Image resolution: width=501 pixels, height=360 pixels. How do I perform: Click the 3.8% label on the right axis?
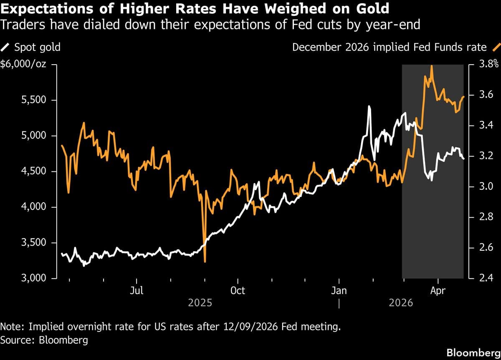click(488, 65)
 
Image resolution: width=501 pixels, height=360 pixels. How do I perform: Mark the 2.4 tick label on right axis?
click(484, 278)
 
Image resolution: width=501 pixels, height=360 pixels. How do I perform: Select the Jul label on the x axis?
click(137, 291)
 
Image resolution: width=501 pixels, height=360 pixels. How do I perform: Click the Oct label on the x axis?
click(238, 291)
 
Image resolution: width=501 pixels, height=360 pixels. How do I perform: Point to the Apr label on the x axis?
click(438, 291)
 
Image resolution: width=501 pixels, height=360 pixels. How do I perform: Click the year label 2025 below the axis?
click(200, 302)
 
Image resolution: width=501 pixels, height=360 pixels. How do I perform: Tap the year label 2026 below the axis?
click(401, 302)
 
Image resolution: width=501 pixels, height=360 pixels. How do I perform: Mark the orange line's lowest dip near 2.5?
click(205, 262)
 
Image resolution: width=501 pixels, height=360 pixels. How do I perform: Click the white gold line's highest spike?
click(369, 107)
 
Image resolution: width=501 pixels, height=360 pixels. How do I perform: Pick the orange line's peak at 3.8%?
click(431, 66)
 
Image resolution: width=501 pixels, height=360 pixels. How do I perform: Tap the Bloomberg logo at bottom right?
click(473, 353)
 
